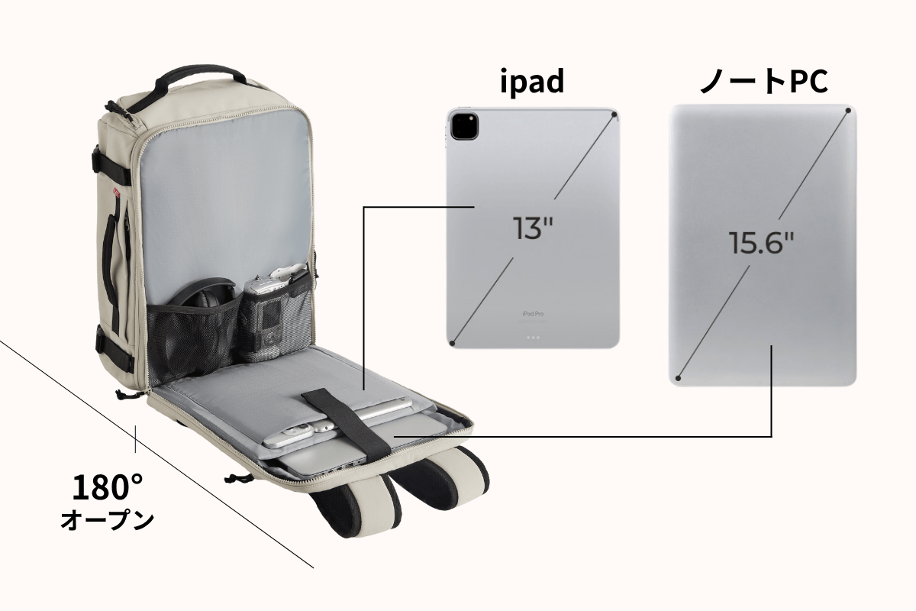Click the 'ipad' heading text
[532, 81]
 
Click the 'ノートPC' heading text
[763, 81]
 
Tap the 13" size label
[534, 228]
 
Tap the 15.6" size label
[761, 243]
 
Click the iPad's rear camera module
[464, 126]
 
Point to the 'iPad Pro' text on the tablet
[533, 314]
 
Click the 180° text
[107, 487]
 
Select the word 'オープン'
[107, 520]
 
